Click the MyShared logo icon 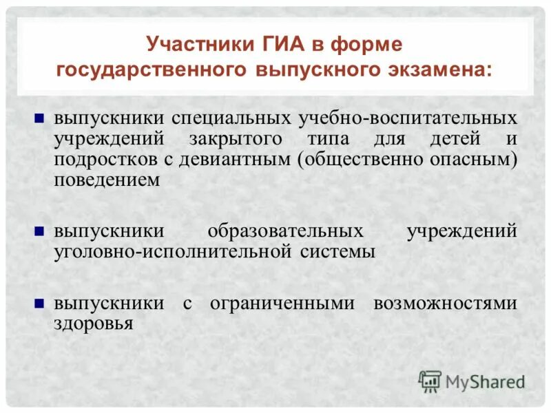(430, 381)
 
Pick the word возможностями (445, 304)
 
